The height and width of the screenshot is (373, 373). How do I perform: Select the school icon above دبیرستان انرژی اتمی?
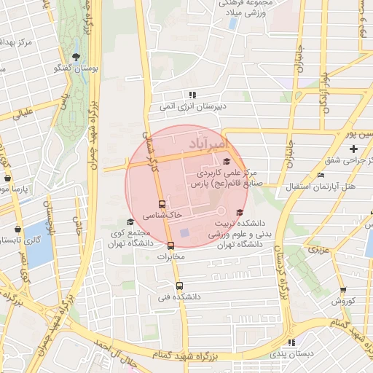[x=192, y=95]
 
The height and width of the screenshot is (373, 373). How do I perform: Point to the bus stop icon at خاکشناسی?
[x=162, y=205]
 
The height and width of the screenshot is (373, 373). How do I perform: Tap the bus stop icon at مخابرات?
[x=170, y=246]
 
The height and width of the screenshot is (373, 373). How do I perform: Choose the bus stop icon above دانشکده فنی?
[x=180, y=286]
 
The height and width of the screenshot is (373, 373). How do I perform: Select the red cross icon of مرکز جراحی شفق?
[x=354, y=149]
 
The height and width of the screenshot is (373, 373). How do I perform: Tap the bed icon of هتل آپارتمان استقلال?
[x=321, y=176]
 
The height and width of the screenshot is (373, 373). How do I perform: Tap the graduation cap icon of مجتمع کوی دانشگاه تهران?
[x=130, y=222]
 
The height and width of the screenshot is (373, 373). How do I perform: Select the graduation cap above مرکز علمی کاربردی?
[x=227, y=162]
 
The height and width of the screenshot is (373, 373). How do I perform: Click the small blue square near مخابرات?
[x=184, y=233]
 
